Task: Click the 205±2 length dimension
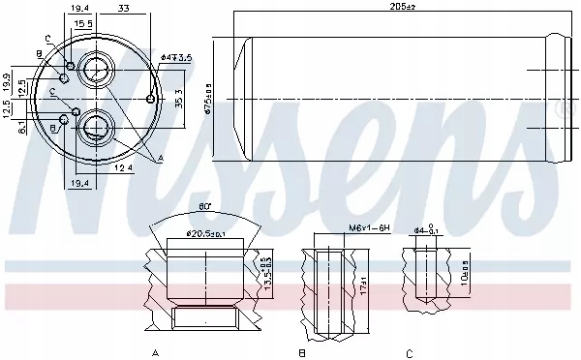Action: click(397, 9)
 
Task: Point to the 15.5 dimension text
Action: click(83, 22)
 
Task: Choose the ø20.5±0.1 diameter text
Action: click(206, 233)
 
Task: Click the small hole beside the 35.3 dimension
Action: click(150, 99)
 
